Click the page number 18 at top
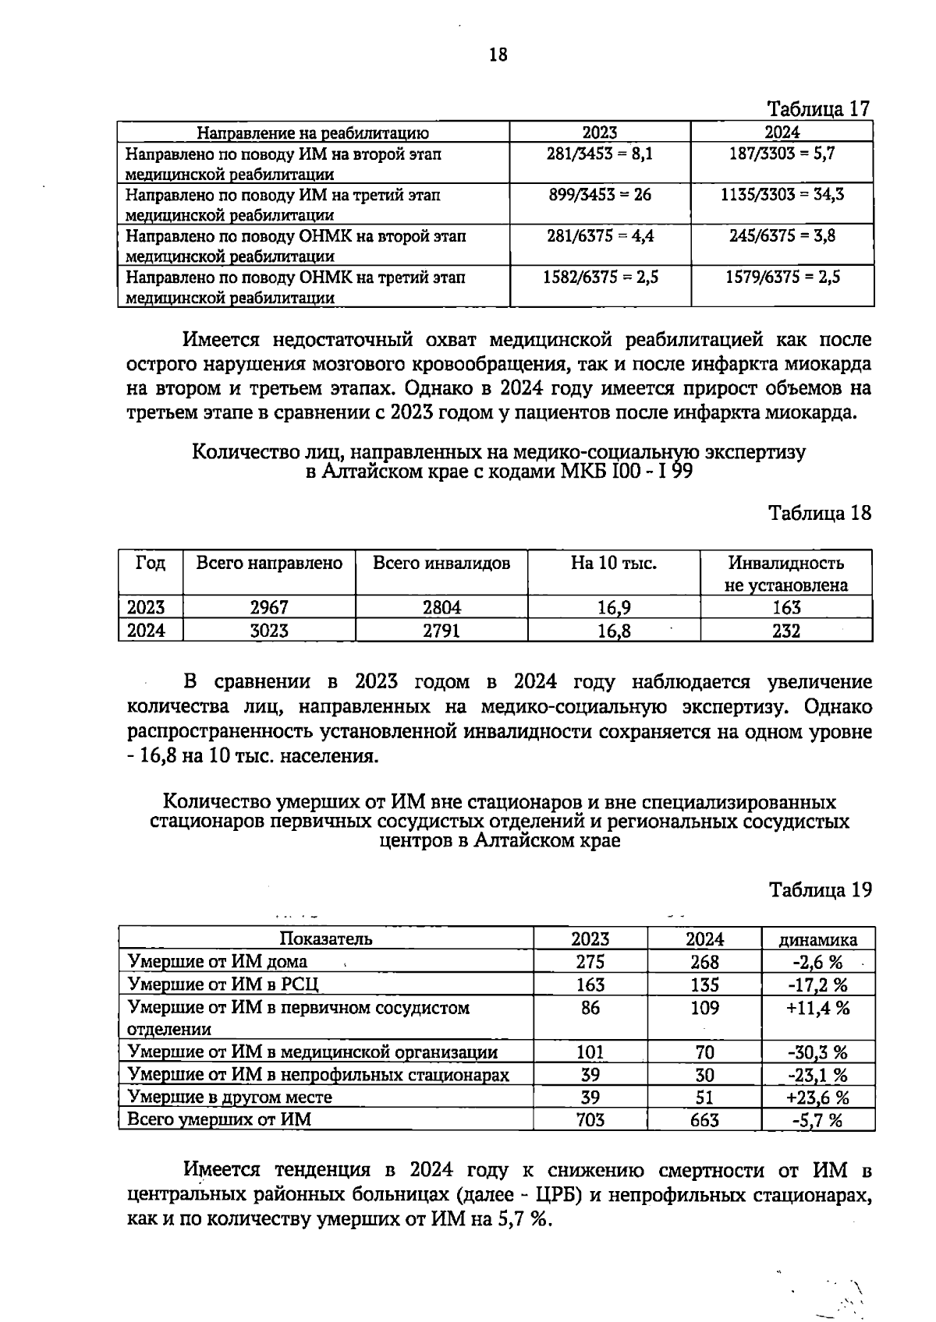tap(498, 55)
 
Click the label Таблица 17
tap(819, 108)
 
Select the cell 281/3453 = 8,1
tap(600, 154)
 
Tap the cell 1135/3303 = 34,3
tap(782, 195)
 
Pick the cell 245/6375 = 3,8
tap(782, 235)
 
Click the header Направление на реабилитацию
tap(312, 133)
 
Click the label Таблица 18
tap(819, 513)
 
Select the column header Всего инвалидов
tap(441, 563)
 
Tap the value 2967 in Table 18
tap(268, 607)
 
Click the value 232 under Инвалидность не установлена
tap(785, 631)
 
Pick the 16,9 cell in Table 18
tap(613, 607)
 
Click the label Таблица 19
tap(819, 889)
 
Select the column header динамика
tap(817, 939)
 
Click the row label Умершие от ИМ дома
tap(218, 961)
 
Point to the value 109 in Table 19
tap(704, 1008)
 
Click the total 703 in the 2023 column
tap(590, 1120)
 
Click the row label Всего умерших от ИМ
tap(219, 1120)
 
